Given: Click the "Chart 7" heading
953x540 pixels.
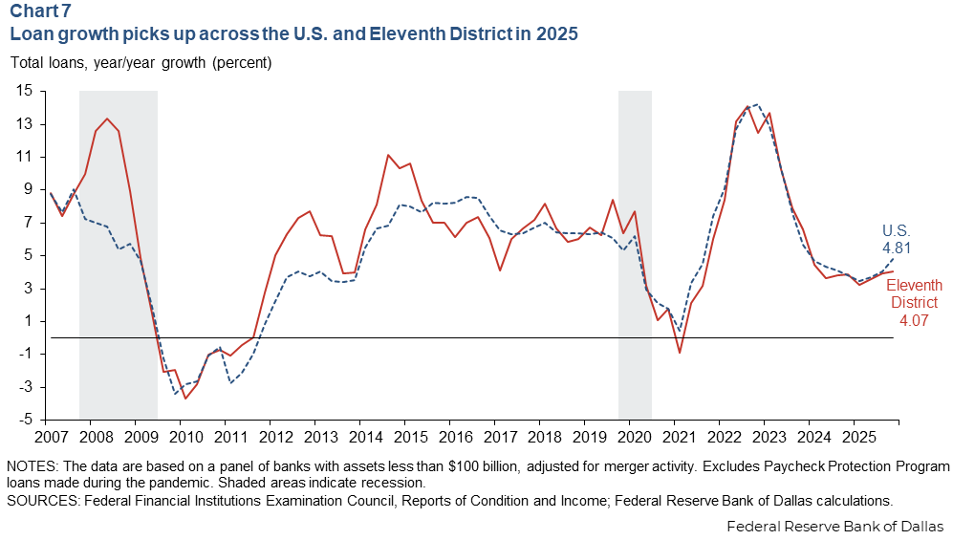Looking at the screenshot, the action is click(x=41, y=11).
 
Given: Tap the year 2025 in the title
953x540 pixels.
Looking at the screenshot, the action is click(x=556, y=33).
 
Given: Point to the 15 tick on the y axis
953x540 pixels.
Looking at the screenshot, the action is click(x=24, y=91).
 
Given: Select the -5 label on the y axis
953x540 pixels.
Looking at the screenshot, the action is click(x=25, y=420).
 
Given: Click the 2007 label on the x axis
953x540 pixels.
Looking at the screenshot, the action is click(x=51, y=437).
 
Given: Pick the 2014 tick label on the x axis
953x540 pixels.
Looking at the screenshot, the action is click(x=365, y=437).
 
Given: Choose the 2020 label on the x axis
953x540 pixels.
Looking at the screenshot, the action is click(x=635, y=437).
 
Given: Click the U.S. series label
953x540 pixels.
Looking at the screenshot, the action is click(x=896, y=231).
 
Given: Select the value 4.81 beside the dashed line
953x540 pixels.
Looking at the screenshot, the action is click(x=897, y=248).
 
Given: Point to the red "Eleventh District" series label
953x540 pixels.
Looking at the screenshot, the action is click(x=914, y=293).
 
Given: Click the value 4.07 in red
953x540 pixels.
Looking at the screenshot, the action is click(x=914, y=320).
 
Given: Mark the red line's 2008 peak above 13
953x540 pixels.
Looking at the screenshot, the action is click(x=107, y=119).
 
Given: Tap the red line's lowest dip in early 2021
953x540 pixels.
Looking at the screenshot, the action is click(x=680, y=353).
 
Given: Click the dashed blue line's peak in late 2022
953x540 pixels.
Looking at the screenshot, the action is click(x=755, y=104).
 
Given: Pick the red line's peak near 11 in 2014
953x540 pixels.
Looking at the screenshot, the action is click(x=388, y=155).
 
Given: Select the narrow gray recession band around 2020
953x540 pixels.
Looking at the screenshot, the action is click(x=635, y=255).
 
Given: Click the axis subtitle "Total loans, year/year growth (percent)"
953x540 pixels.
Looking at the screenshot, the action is click(x=141, y=62).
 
